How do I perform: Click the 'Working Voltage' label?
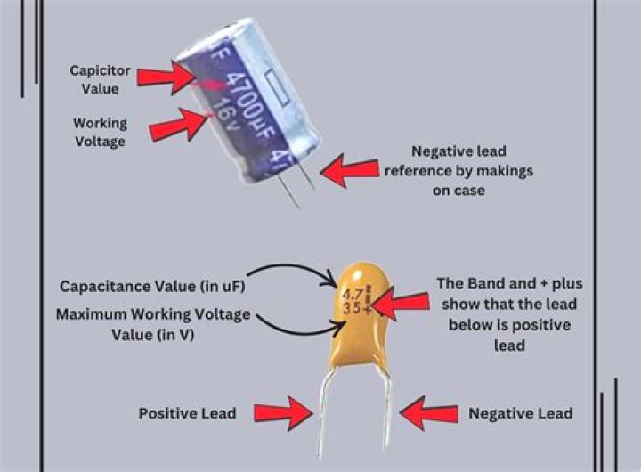tap(99, 131)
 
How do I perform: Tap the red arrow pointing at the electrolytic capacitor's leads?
tap(350, 169)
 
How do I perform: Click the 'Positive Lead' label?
tap(186, 413)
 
